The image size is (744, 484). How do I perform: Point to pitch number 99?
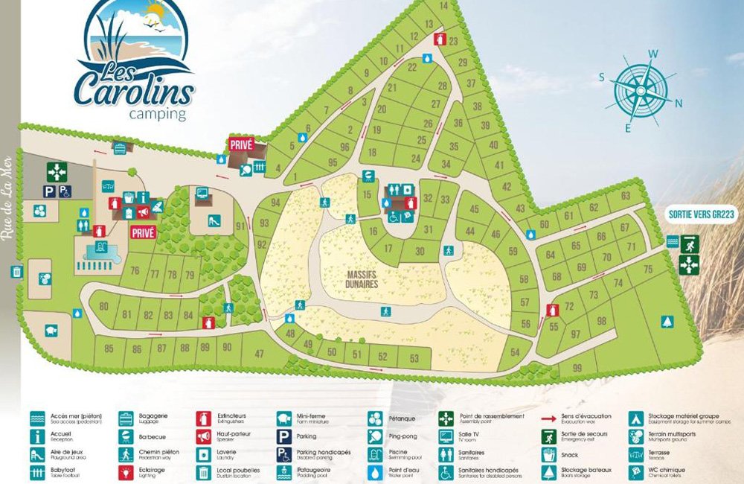[577, 369]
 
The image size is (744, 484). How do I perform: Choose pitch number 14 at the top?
[444, 7]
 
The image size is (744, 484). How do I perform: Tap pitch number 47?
[259, 354]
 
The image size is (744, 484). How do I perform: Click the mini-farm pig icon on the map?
[51, 330]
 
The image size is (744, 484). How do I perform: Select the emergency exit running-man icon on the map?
[690, 242]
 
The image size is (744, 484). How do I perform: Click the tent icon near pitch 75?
[667, 322]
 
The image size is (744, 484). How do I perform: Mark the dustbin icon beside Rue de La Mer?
[16, 272]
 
